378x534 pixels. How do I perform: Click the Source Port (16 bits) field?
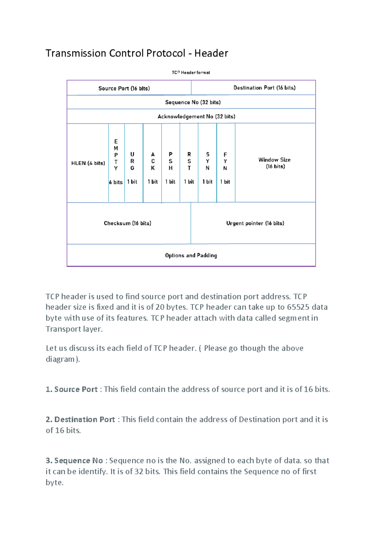[x=124, y=88]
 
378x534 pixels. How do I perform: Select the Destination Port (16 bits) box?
[x=264, y=88]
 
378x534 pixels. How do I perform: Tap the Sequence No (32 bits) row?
[x=193, y=102]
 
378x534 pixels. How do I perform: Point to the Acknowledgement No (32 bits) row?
[x=196, y=116]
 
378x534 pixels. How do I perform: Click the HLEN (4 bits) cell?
[x=88, y=163]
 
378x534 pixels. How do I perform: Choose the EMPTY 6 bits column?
[x=116, y=162]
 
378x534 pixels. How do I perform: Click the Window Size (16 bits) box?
[x=275, y=163]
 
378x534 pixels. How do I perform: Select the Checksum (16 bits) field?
[x=128, y=223]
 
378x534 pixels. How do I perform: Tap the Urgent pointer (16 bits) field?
[x=255, y=223]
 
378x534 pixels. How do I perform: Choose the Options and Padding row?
[x=191, y=255]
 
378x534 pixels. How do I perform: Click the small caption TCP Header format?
[x=191, y=72]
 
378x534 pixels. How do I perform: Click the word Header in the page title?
[x=211, y=53]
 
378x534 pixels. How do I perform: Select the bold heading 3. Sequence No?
[x=74, y=461]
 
